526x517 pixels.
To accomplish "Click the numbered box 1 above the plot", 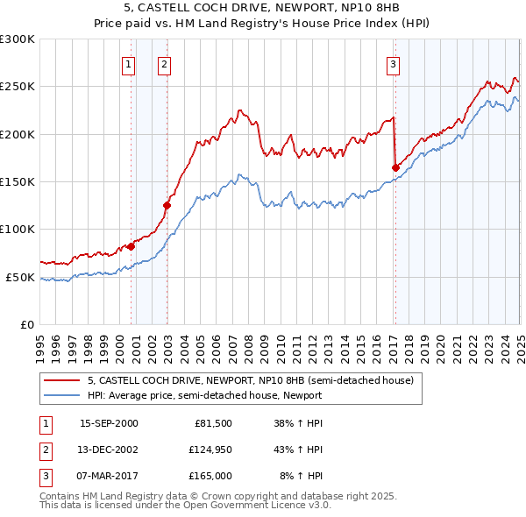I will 128,63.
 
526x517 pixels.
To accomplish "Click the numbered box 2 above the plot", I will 164,63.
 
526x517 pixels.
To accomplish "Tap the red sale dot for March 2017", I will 395,167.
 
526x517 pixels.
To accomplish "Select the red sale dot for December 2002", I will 167,205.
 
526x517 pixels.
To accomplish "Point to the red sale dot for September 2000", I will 131,246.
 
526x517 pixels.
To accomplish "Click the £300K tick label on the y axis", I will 18,39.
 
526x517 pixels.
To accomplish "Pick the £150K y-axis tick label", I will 18,182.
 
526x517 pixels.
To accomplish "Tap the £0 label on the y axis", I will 25,325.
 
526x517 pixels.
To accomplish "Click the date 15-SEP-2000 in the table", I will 109,423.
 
